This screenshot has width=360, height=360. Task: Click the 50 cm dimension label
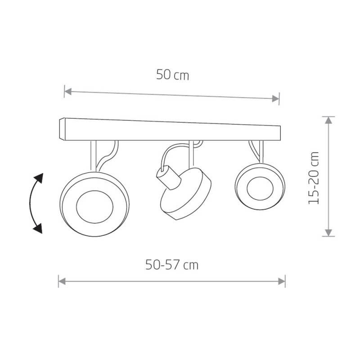click(x=173, y=75)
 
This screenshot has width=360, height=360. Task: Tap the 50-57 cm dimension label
click(x=172, y=265)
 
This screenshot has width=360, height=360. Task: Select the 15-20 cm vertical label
click(x=314, y=178)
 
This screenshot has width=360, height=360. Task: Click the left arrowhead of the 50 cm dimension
click(x=68, y=92)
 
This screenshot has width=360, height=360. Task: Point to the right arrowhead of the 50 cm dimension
click(x=275, y=99)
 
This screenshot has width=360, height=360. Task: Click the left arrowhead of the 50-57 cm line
click(x=62, y=281)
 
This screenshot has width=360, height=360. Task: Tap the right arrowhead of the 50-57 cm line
click(x=282, y=281)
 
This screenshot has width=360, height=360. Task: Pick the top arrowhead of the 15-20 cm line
click(x=328, y=120)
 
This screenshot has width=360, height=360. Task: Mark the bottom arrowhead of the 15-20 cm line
click(x=328, y=233)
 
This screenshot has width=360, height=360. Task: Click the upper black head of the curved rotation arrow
click(x=39, y=178)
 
